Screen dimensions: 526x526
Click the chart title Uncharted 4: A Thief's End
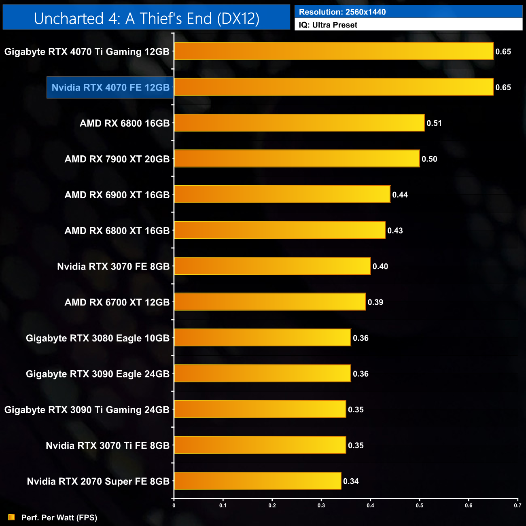[x=146, y=19]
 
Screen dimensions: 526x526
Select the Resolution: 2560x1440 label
[x=342, y=12]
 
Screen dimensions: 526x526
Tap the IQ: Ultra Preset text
[x=328, y=25]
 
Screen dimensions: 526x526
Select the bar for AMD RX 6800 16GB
[x=299, y=123]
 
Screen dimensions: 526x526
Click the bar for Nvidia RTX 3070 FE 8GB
[x=272, y=266]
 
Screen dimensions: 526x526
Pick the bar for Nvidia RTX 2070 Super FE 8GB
[x=258, y=481]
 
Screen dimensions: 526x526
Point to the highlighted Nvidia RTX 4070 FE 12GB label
[x=110, y=87]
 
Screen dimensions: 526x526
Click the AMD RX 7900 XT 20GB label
[x=117, y=159]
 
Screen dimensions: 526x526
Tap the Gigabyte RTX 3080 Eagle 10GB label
[x=98, y=338]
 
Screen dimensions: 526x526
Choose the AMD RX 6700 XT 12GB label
[x=117, y=302]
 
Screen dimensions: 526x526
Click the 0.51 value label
[x=434, y=123]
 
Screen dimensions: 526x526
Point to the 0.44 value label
[x=400, y=195]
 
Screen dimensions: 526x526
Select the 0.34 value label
[x=351, y=481]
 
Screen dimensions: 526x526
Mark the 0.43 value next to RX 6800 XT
[x=395, y=231]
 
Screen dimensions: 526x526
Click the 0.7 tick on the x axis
[x=518, y=505]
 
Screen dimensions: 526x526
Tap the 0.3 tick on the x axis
[x=321, y=505]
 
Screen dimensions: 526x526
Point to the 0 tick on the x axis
[x=174, y=505]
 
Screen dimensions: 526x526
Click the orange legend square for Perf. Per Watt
[x=11, y=518]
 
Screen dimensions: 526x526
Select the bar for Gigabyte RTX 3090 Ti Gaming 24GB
[x=260, y=409]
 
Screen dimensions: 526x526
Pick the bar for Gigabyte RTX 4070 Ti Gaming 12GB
[x=334, y=51]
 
